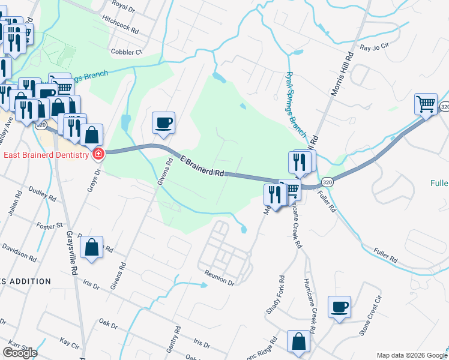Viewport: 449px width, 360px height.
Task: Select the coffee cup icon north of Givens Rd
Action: [x=163, y=123]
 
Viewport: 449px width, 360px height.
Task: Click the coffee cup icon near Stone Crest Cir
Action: [x=339, y=307]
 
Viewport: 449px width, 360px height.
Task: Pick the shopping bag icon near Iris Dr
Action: [x=91, y=248]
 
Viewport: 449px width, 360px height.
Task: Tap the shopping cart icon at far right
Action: [x=426, y=103]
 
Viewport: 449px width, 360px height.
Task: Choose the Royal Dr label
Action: [x=124, y=6]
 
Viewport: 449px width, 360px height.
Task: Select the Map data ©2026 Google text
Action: [x=411, y=355]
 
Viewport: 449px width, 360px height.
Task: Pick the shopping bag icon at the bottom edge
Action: [x=298, y=341]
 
